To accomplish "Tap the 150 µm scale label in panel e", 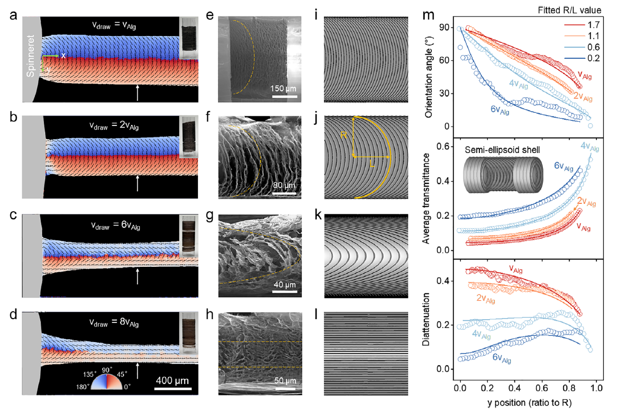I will click(x=285, y=88).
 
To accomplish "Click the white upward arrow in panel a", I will click(x=138, y=92).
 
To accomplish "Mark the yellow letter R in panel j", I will click(x=344, y=136).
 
